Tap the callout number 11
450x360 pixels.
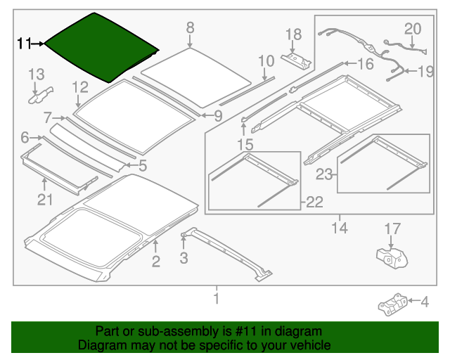tap(25, 44)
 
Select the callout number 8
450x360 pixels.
tap(190, 27)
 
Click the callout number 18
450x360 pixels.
tap(293, 34)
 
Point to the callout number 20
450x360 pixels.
tap(412, 28)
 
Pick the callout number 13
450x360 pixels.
tap(36, 75)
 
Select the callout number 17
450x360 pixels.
tap(392, 228)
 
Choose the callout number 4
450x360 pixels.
tap(424, 302)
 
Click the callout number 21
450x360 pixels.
tap(45, 200)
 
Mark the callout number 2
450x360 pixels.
tap(156, 262)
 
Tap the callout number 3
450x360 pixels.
tap(184, 258)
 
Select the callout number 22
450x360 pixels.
tap(314, 202)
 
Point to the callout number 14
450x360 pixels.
tap(340, 227)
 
